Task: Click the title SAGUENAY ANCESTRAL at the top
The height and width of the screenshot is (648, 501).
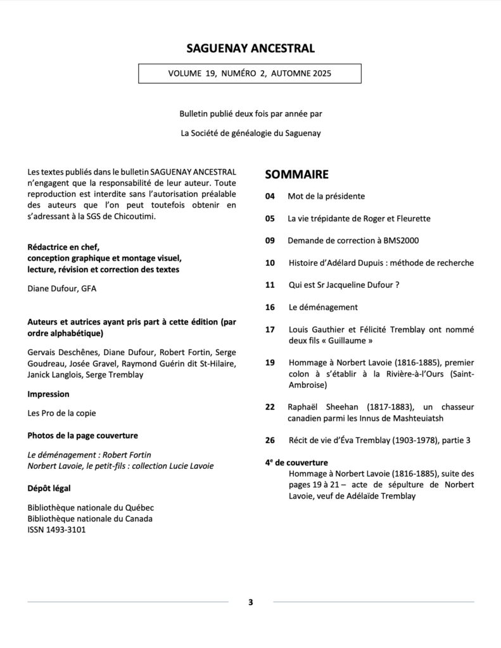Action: point(250,49)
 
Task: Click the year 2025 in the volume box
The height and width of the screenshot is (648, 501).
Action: point(318,73)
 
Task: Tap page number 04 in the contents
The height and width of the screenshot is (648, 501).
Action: point(270,197)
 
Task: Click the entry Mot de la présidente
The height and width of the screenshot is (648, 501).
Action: point(326,197)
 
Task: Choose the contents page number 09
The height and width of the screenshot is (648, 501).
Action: point(270,240)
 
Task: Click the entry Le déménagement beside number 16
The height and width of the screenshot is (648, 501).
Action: point(322,308)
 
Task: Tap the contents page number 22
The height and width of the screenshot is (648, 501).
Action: point(270,407)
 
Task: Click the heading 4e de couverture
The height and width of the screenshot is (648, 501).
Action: point(296,463)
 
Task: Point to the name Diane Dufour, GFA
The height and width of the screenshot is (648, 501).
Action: point(61,289)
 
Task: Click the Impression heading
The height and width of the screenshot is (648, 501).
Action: point(49,394)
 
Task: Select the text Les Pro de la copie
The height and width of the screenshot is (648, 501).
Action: point(61,414)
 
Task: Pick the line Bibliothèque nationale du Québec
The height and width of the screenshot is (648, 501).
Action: point(91,508)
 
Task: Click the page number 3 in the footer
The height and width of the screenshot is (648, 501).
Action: point(251,602)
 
